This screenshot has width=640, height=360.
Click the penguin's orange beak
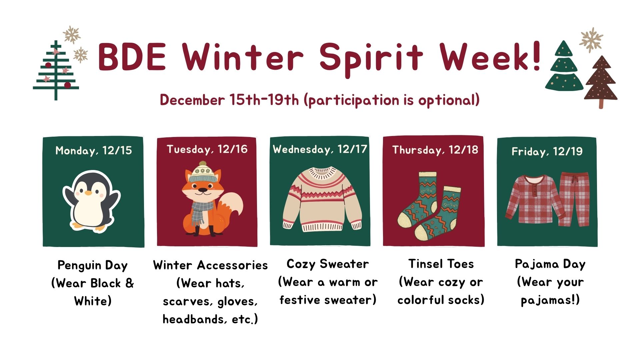coord(88,193)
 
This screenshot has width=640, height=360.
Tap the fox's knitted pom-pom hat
coord(203,172)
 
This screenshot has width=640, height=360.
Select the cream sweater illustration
coord(322,199)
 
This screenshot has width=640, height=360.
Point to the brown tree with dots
coord(601,82)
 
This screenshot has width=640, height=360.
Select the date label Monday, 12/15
coord(94,151)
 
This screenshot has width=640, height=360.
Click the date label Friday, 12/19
coord(547,152)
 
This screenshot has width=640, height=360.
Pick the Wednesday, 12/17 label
coord(320,149)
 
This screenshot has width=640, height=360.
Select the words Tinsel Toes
coord(441,264)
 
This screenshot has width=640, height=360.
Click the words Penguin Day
coord(93,265)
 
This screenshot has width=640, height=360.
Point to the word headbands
coord(192,319)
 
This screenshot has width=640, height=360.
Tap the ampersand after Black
coord(129,283)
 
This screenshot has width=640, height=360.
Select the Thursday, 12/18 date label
coord(435,150)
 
